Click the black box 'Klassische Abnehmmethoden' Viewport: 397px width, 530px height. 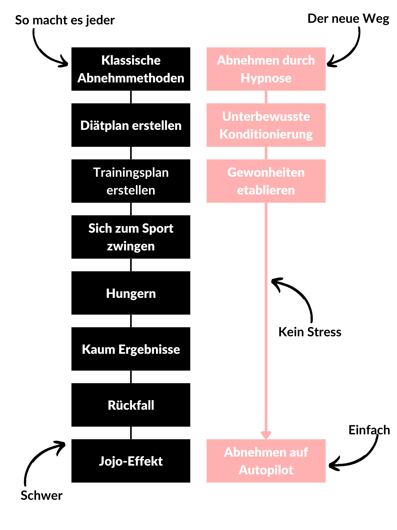coord(131,69)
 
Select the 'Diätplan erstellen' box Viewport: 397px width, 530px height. coord(131,125)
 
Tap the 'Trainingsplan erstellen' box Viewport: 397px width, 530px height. coord(131,181)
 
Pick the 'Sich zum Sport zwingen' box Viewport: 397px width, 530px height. coord(131,237)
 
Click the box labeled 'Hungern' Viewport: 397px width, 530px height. coord(131,293)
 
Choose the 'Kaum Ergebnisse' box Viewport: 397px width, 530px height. coord(131,349)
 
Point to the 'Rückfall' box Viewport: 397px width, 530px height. coord(131,405)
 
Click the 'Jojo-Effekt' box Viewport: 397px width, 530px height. coord(131,461)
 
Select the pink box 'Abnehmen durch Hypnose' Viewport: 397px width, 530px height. coord(266,69)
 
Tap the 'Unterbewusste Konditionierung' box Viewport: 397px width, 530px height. coord(266,125)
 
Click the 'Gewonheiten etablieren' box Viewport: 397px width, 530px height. coord(266,181)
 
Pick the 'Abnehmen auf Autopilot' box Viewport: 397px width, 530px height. coord(266,461)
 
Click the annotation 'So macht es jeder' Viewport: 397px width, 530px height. coord(65,20)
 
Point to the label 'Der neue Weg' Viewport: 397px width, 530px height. coord(348,19)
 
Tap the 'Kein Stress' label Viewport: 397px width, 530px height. coord(310,332)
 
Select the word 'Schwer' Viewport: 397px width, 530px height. coord(42,495)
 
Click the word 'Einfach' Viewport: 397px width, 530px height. coord(369,430)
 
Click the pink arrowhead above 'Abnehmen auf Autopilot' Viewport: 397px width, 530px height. coord(266,435)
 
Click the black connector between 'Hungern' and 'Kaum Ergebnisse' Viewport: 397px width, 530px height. coord(131,321)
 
